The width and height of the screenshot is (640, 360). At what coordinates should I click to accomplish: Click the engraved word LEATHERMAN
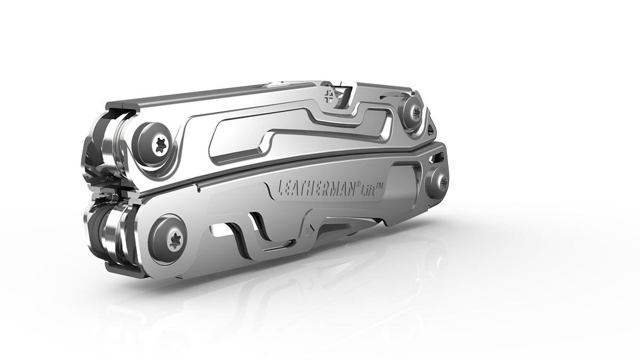point(316,189)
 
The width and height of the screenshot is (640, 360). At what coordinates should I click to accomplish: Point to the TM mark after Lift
point(380,186)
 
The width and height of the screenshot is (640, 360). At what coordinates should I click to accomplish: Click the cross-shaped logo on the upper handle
point(330,95)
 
